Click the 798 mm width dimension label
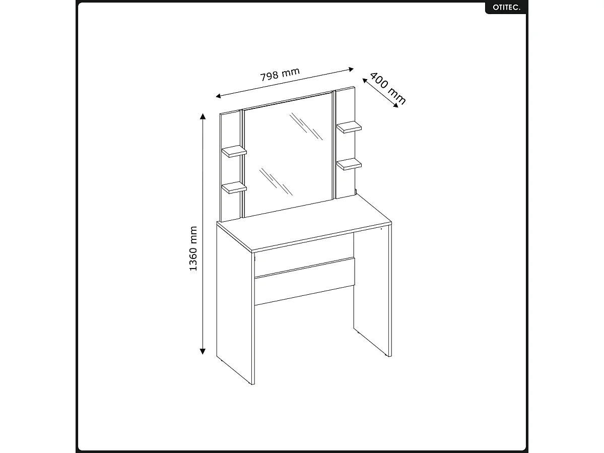[280, 75]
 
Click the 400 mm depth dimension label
[387, 89]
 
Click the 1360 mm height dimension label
[193, 248]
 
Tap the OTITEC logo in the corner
[505, 8]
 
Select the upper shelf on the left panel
[234, 151]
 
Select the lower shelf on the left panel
[234, 187]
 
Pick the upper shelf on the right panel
[349, 127]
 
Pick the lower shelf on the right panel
[349, 164]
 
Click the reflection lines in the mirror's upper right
[306, 126]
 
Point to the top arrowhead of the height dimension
[203, 117]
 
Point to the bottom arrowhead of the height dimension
[203, 351]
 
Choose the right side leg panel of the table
[372, 292]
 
